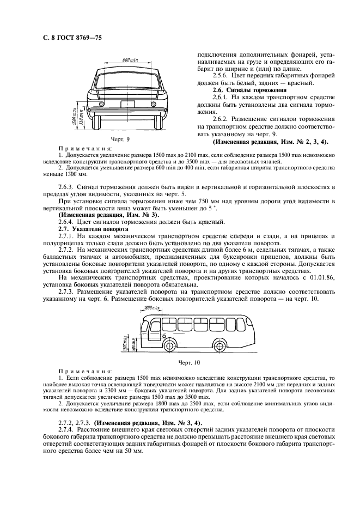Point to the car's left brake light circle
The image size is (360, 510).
point(101,103)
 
